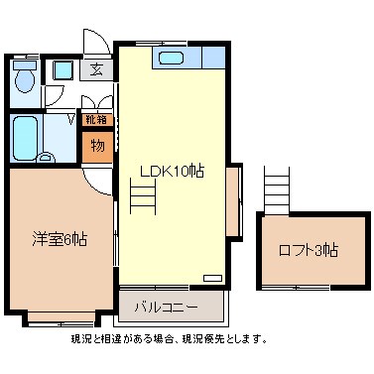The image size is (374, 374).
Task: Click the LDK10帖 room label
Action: [x=171, y=171]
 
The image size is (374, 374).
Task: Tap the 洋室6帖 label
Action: [x=59, y=239]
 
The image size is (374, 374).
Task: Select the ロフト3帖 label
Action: [x=308, y=250]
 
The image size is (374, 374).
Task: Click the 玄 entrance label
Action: [x=96, y=69]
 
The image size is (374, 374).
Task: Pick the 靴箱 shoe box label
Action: [x=96, y=120]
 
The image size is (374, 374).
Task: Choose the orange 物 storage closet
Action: [x=97, y=146]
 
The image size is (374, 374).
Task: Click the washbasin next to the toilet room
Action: [x=62, y=70]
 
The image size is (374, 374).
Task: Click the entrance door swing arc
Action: [x=96, y=42]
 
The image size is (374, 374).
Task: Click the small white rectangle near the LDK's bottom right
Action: [x=212, y=278]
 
